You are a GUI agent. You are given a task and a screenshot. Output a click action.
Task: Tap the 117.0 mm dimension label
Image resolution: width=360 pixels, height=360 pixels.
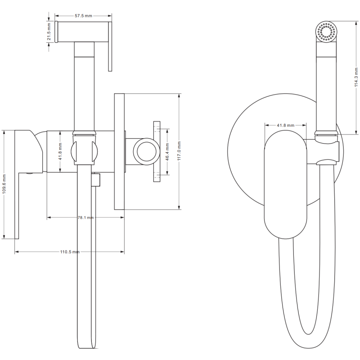(x=179, y=152)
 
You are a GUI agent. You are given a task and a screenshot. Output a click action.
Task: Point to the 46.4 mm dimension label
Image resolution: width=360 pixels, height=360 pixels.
(x=167, y=152)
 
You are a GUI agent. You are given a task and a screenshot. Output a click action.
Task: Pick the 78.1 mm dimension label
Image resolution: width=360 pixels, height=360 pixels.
(x=85, y=217)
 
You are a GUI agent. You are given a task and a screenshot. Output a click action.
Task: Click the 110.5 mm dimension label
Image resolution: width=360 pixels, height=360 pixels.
(x=70, y=252)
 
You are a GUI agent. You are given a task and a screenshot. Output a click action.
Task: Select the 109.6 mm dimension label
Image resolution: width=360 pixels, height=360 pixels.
(x=4, y=184)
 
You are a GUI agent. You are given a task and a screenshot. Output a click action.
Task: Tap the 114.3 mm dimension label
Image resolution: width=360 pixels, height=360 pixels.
(x=356, y=76)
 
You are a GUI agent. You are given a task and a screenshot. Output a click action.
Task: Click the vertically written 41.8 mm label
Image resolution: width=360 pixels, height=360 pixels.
(x=60, y=152)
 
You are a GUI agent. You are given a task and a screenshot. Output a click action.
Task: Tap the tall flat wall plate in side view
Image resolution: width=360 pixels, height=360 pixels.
(x=119, y=152)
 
